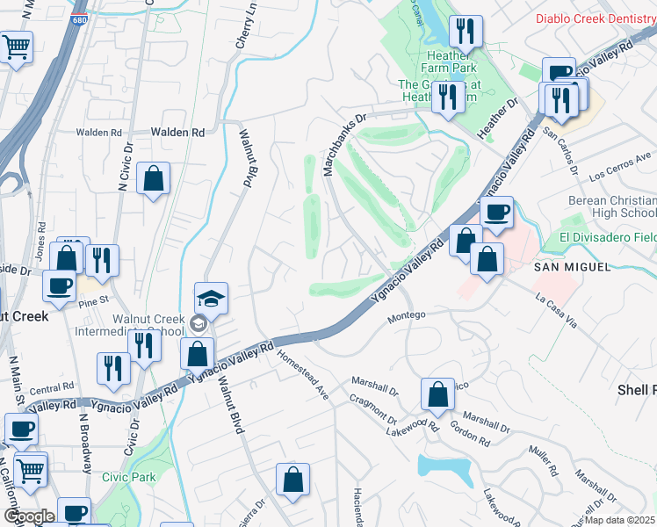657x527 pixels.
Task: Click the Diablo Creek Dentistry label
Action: pos(596,18)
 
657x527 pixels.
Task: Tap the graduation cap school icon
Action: pos(211,300)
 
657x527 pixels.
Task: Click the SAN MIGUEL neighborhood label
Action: pos(571,266)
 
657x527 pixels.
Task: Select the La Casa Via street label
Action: pos(557,310)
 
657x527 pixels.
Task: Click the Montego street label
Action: pos(407,315)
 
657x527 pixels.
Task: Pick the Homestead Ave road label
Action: pos(303,376)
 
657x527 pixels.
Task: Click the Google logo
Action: pos(29,516)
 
